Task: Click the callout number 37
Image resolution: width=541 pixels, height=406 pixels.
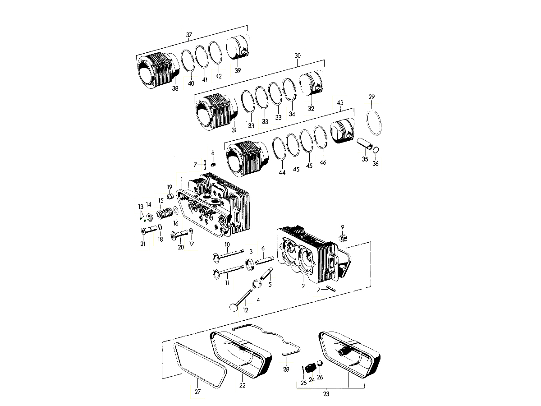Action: point(189,35)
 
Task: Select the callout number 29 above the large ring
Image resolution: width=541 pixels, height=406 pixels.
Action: point(371,97)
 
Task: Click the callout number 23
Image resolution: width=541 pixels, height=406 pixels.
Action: point(326,394)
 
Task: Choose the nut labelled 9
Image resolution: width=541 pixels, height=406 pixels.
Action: point(343,237)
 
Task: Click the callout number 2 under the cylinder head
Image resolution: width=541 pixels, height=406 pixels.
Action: point(303,286)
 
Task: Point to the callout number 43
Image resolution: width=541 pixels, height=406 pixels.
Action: point(340,103)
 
